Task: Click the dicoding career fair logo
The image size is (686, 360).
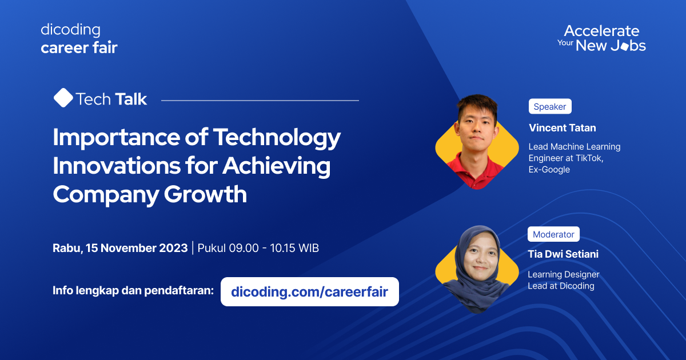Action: pyautogui.click(x=79, y=39)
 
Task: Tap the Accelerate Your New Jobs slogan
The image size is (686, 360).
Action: pyautogui.click(x=601, y=38)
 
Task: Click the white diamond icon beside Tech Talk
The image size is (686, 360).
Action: pyautogui.click(x=63, y=98)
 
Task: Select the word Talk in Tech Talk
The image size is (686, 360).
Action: pyautogui.click(x=130, y=99)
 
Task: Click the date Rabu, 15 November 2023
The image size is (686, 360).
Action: pyautogui.click(x=120, y=249)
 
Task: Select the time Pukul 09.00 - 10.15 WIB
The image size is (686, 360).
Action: pyautogui.click(x=258, y=249)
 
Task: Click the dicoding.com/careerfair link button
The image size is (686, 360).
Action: pyautogui.click(x=309, y=292)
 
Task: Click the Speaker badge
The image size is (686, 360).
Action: pyautogui.click(x=549, y=106)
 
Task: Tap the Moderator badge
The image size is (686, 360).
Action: pyautogui.click(x=553, y=234)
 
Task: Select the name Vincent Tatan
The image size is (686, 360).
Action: pyautogui.click(x=562, y=128)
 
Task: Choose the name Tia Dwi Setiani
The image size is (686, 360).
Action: pyautogui.click(x=563, y=254)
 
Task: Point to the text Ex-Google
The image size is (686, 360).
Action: pyautogui.click(x=549, y=170)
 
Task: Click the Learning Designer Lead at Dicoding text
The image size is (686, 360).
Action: pyautogui.click(x=563, y=280)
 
